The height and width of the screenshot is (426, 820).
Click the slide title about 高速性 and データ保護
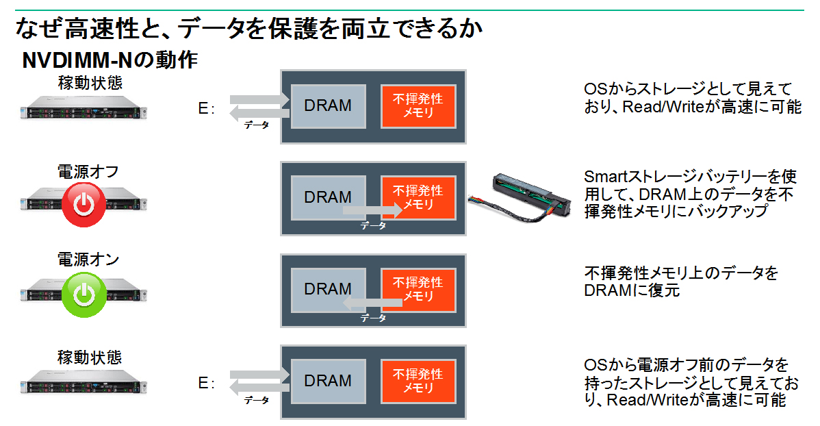249,29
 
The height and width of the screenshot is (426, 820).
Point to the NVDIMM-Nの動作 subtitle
110,61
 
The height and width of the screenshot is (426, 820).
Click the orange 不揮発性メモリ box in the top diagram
418,106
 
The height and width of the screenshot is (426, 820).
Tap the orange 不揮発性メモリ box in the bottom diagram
418,381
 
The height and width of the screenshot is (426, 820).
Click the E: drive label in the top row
206,109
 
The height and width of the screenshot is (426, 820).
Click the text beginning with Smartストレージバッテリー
689,194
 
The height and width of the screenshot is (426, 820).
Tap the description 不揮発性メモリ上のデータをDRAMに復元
681,281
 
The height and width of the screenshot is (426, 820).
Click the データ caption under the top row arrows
257,125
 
